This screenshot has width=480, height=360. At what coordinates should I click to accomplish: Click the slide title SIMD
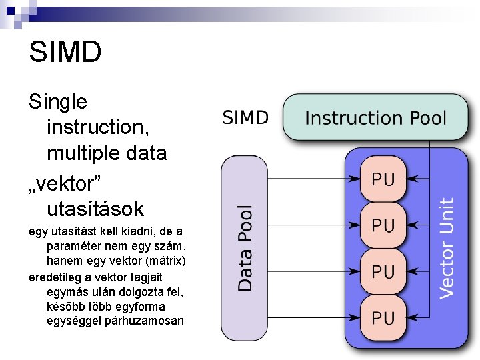65,53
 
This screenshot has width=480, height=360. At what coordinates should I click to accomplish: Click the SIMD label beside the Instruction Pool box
245,118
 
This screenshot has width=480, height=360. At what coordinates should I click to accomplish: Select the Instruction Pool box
375,118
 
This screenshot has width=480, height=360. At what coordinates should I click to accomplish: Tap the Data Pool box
244,247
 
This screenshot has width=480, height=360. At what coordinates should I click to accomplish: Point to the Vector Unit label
447,247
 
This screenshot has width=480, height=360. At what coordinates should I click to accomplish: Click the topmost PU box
383,179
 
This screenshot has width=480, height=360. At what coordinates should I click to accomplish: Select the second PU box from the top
383,225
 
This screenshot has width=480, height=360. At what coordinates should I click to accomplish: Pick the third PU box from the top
383,271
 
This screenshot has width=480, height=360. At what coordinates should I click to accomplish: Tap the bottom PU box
383,318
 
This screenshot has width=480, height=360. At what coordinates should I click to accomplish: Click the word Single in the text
58,102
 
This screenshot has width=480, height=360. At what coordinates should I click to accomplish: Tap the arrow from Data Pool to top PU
313,179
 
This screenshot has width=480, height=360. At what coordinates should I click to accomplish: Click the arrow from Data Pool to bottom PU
313,318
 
